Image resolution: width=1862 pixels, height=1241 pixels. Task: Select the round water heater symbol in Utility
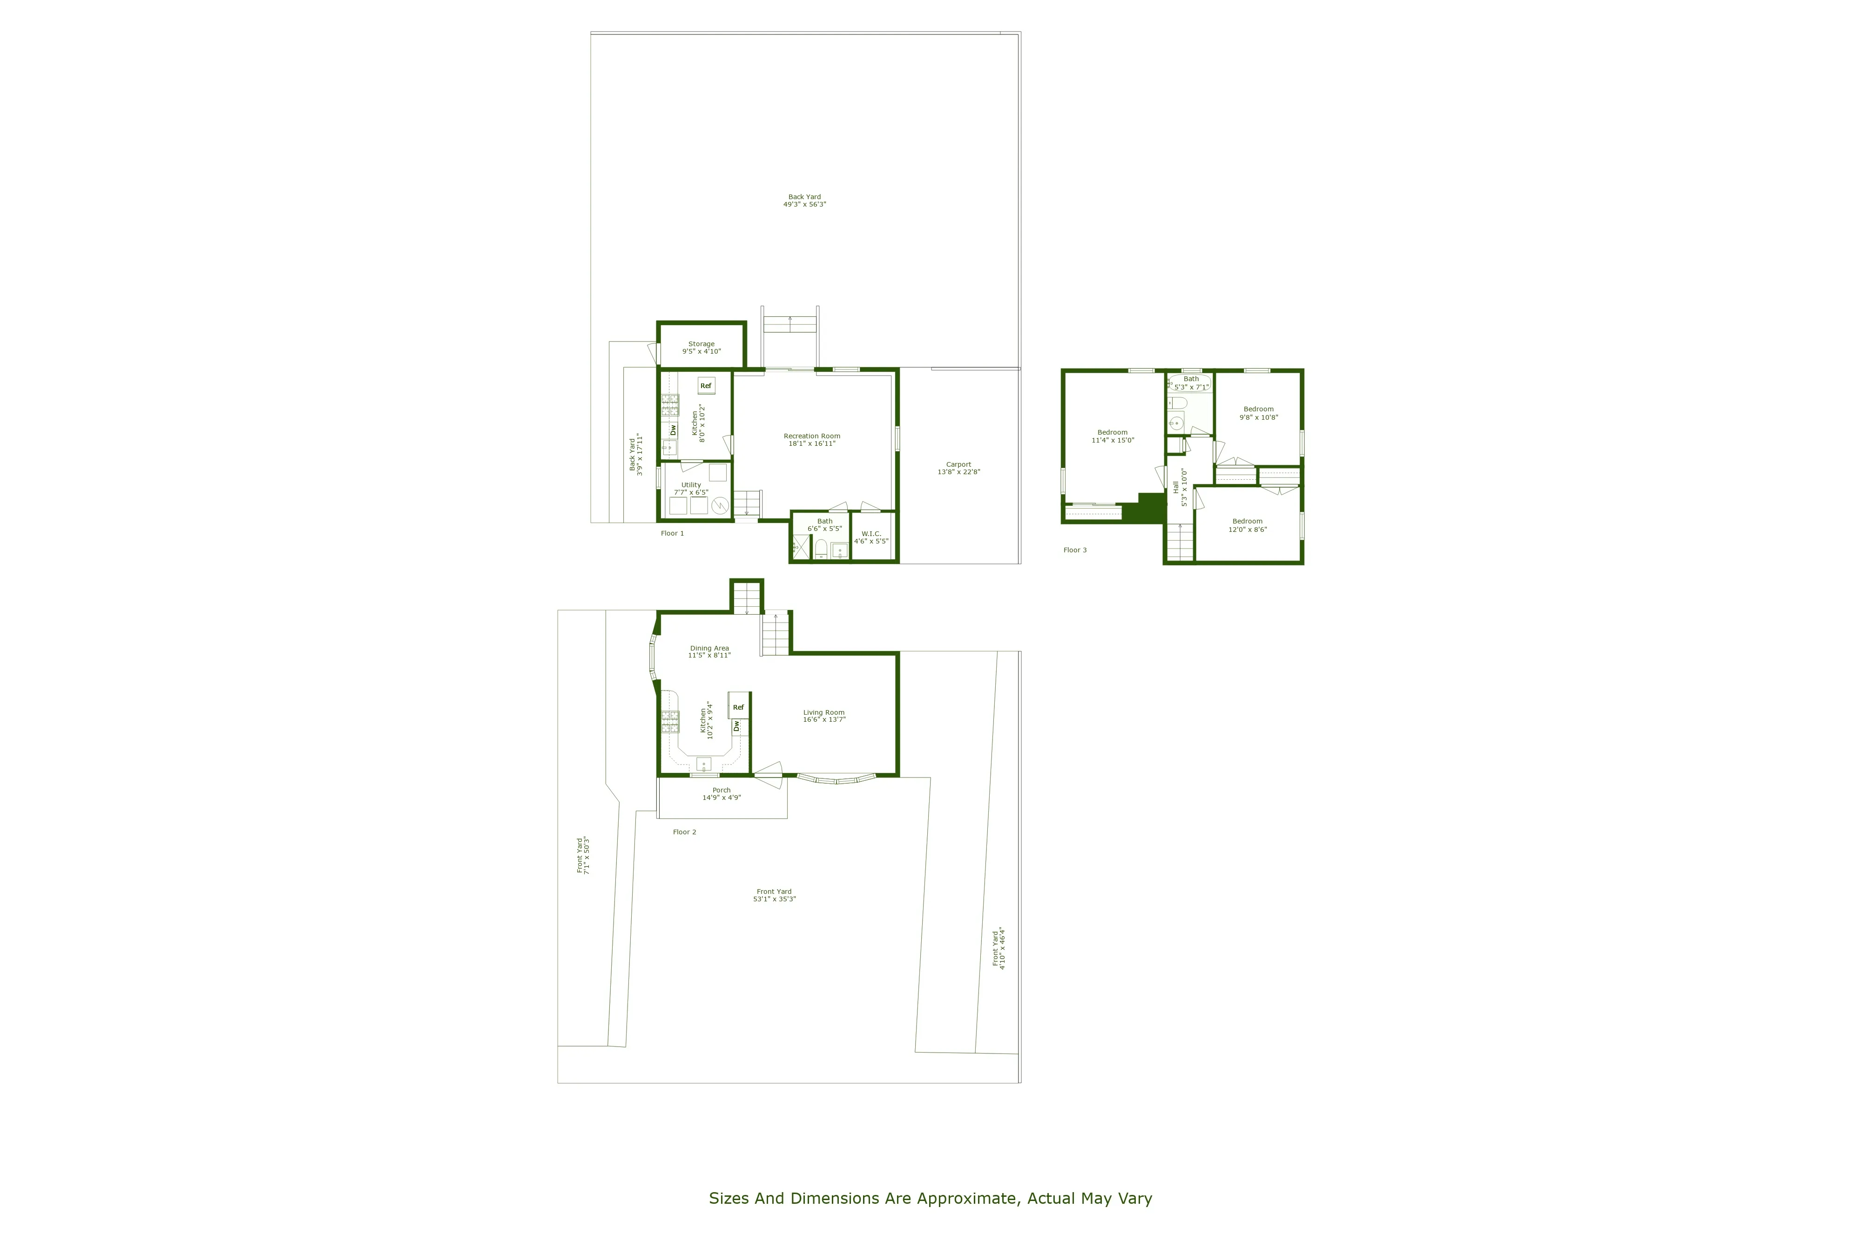click(720, 504)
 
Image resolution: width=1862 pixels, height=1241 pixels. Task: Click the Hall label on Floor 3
click(1176, 488)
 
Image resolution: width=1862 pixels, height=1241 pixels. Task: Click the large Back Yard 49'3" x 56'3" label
click(804, 200)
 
